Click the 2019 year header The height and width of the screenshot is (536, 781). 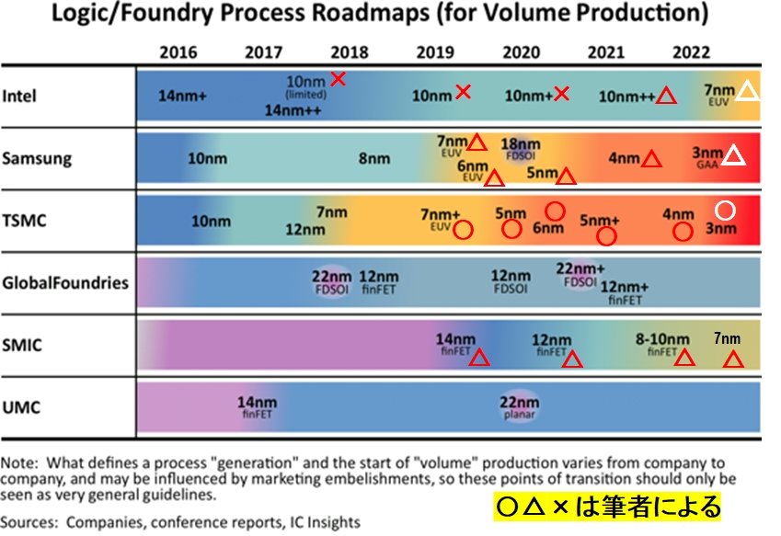pos(434,51)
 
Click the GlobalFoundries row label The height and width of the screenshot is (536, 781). pos(65,282)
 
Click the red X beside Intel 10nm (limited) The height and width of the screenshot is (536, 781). pos(339,79)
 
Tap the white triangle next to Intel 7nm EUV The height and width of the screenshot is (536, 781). pos(748,90)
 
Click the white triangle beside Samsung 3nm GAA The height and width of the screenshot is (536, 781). pos(733,155)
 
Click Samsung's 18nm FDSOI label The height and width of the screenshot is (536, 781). pos(520,148)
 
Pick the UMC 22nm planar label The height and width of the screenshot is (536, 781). pos(520,407)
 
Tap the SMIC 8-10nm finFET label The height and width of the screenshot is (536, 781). pos(661,343)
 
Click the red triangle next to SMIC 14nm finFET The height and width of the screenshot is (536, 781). pos(479,358)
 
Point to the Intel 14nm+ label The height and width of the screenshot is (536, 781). pos(183,95)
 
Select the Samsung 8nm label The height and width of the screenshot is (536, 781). pos(374,158)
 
